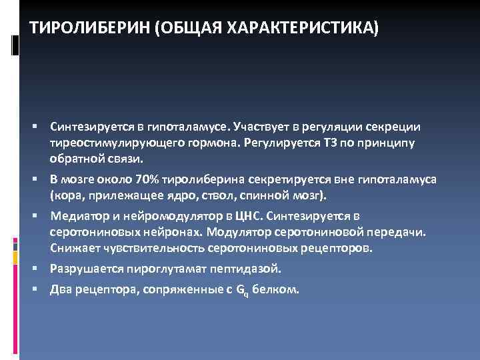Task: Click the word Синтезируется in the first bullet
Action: (85, 127)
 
